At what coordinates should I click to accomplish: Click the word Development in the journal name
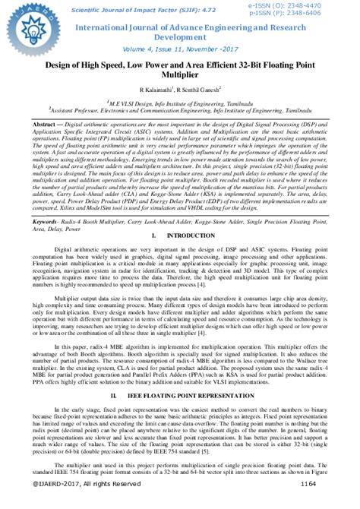(180, 36)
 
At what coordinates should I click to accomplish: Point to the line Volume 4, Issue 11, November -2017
(179, 47)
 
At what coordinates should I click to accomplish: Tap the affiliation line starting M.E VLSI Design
(180, 102)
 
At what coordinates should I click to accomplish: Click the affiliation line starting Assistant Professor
(180, 109)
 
